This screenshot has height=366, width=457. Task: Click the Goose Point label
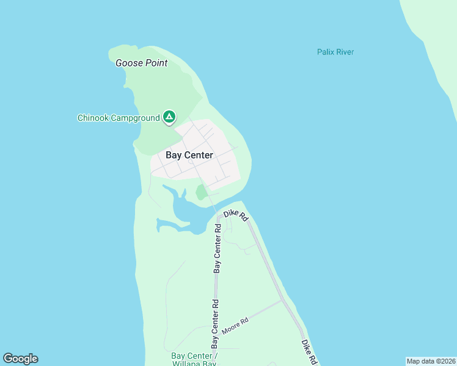tap(141, 63)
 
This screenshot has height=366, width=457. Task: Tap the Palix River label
tap(335, 52)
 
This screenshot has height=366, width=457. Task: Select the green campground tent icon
tap(169, 117)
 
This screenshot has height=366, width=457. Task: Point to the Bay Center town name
tap(189, 155)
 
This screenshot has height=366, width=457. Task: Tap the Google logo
tap(20, 359)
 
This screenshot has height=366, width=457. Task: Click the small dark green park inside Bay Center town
tap(201, 192)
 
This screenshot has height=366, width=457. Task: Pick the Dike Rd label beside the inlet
tap(235, 215)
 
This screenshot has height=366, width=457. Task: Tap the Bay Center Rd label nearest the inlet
tap(217, 248)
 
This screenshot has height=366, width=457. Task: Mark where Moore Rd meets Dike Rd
tap(282, 300)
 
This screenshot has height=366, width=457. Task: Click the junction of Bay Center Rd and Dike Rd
tap(218, 215)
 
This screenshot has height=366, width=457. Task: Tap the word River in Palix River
tap(345, 52)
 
